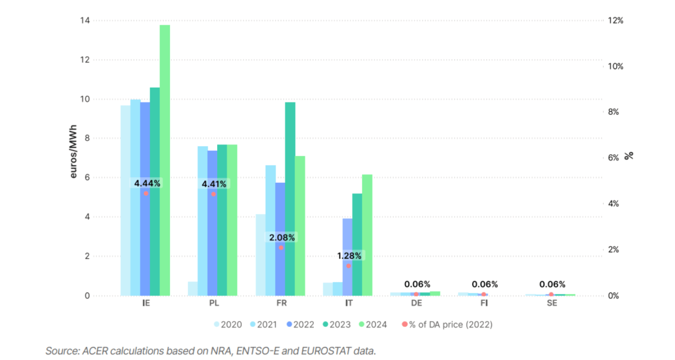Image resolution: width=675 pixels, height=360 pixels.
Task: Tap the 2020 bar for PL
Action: tap(193, 289)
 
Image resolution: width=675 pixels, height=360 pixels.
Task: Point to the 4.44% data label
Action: tap(147, 183)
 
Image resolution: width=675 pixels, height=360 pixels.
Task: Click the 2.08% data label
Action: tap(281, 237)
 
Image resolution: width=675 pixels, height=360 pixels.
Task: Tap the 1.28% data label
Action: tap(349, 256)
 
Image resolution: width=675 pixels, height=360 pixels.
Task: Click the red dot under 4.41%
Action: tap(213, 194)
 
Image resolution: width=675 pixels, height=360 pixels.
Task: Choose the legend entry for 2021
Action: tap(267, 325)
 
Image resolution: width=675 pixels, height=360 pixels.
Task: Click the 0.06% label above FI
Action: tap(484, 284)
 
